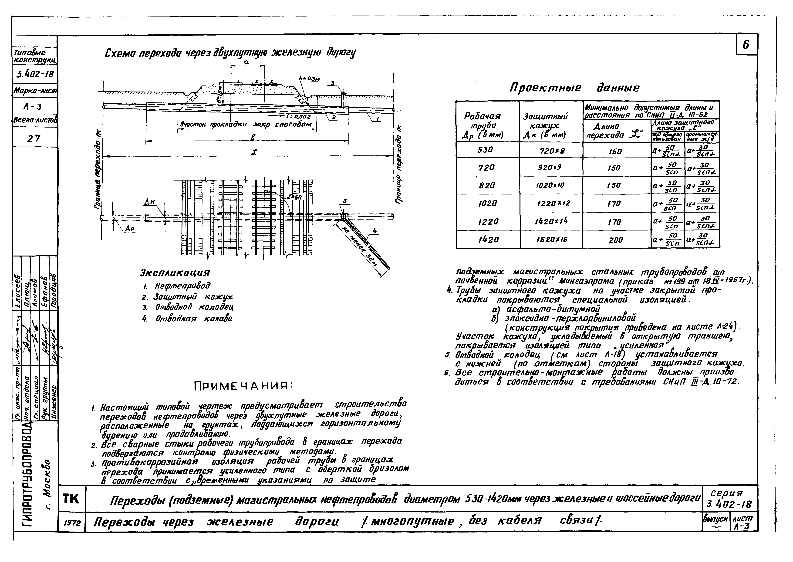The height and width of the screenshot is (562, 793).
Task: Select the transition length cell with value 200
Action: pyautogui.click(x=616, y=240)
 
